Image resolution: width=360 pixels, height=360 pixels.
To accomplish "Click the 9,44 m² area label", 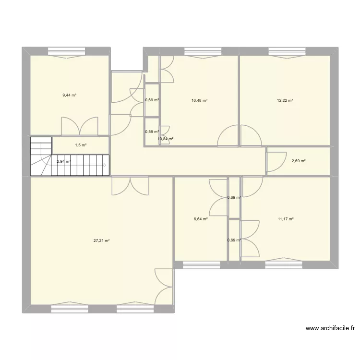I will pos(69,96).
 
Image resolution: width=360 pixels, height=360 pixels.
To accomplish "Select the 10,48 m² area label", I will pos(199,100).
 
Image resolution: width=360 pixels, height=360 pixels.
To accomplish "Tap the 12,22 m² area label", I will pos(285,100).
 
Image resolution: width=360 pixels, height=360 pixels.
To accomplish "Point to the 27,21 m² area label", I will pos(101,241).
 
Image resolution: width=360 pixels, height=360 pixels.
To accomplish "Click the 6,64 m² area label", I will pos(201,219).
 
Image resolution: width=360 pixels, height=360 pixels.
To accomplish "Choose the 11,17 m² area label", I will pos(286,219).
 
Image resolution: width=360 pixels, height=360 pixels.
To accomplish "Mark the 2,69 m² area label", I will pos(299,161).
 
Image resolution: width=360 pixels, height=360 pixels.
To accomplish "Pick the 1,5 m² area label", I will pos(81,145).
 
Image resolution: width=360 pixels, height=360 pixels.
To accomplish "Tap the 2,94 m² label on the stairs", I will pos(63,161).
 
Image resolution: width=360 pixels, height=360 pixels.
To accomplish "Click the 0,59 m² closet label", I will pos(152,132).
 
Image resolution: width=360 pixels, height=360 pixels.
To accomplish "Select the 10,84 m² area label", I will pos(165,139).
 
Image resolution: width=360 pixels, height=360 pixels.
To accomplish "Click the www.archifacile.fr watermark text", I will pos(330,329).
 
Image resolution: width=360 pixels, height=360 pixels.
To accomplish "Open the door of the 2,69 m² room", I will pos(275,162).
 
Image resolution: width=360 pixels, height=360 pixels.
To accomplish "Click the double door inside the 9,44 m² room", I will pos(80,126).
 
